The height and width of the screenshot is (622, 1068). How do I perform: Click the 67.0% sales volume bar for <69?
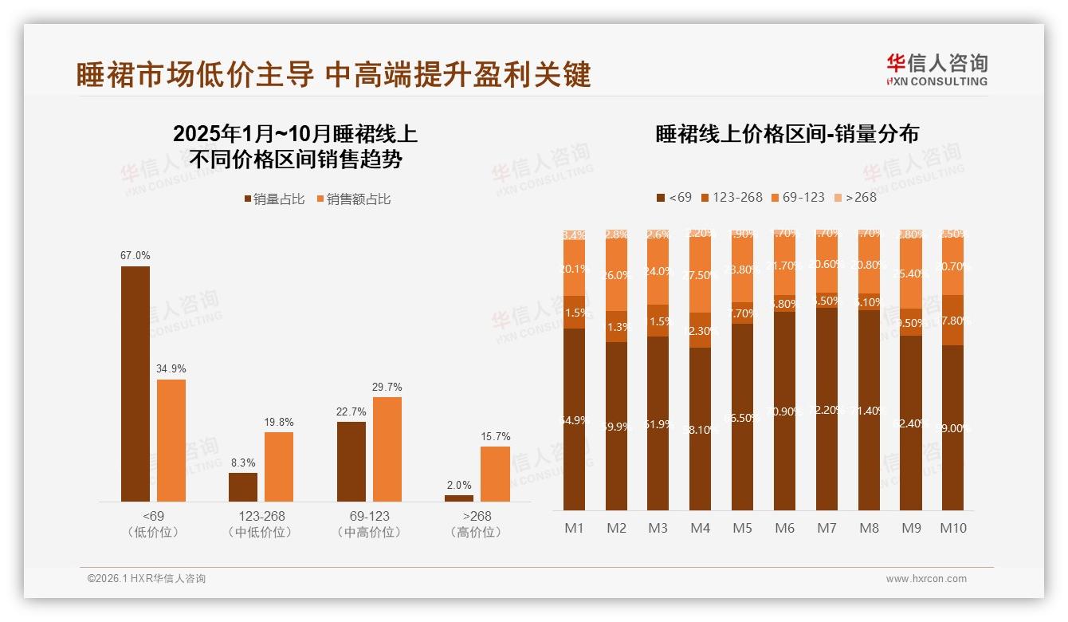pyautogui.click(x=135, y=384)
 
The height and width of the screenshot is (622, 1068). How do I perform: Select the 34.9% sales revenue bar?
pyautogui.click(x=171, y=440)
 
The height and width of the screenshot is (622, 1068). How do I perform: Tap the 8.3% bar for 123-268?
pyautogui.click(x=243, y=486)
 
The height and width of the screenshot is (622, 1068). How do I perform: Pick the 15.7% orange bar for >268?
pyautogui.click(x=495, y=474)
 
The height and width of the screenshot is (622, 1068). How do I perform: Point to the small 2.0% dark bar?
pyautogui.click(x=459, y=498)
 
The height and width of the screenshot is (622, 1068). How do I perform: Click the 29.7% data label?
pyautogui.click(x=387, y=387)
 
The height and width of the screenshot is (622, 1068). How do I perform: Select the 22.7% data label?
pyautogui.click(x=351, y=411)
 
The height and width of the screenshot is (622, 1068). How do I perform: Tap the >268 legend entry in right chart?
pyautogui.click(x=855, y=197)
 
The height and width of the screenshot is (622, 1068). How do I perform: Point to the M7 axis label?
pyautogui.click(x=828, y=528)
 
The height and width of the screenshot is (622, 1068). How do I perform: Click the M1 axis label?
pyautogui.click(x=574, y=528)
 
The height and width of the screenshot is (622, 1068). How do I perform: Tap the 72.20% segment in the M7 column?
pyautogui.click(x=828, y=409)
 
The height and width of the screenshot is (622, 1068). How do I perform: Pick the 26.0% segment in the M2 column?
pyautogui.click(x=616, y=275)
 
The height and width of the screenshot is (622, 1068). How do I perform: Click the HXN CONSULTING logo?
pyautogui.click(x=936, y=70)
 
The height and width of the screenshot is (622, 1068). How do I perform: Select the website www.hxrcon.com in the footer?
pyautogui.click(x=926, y=579)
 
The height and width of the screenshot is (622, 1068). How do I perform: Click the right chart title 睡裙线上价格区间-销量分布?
pyautogui.click(x=787, y=134)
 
